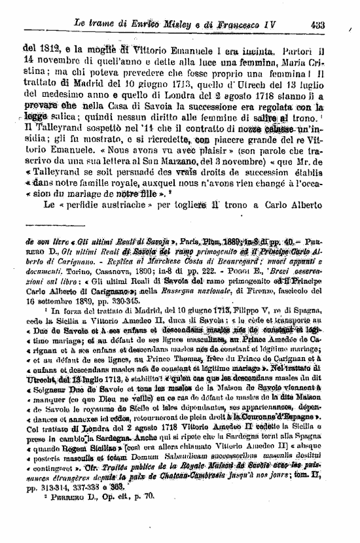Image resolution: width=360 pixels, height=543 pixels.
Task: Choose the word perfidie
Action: (x=82, y=204)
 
